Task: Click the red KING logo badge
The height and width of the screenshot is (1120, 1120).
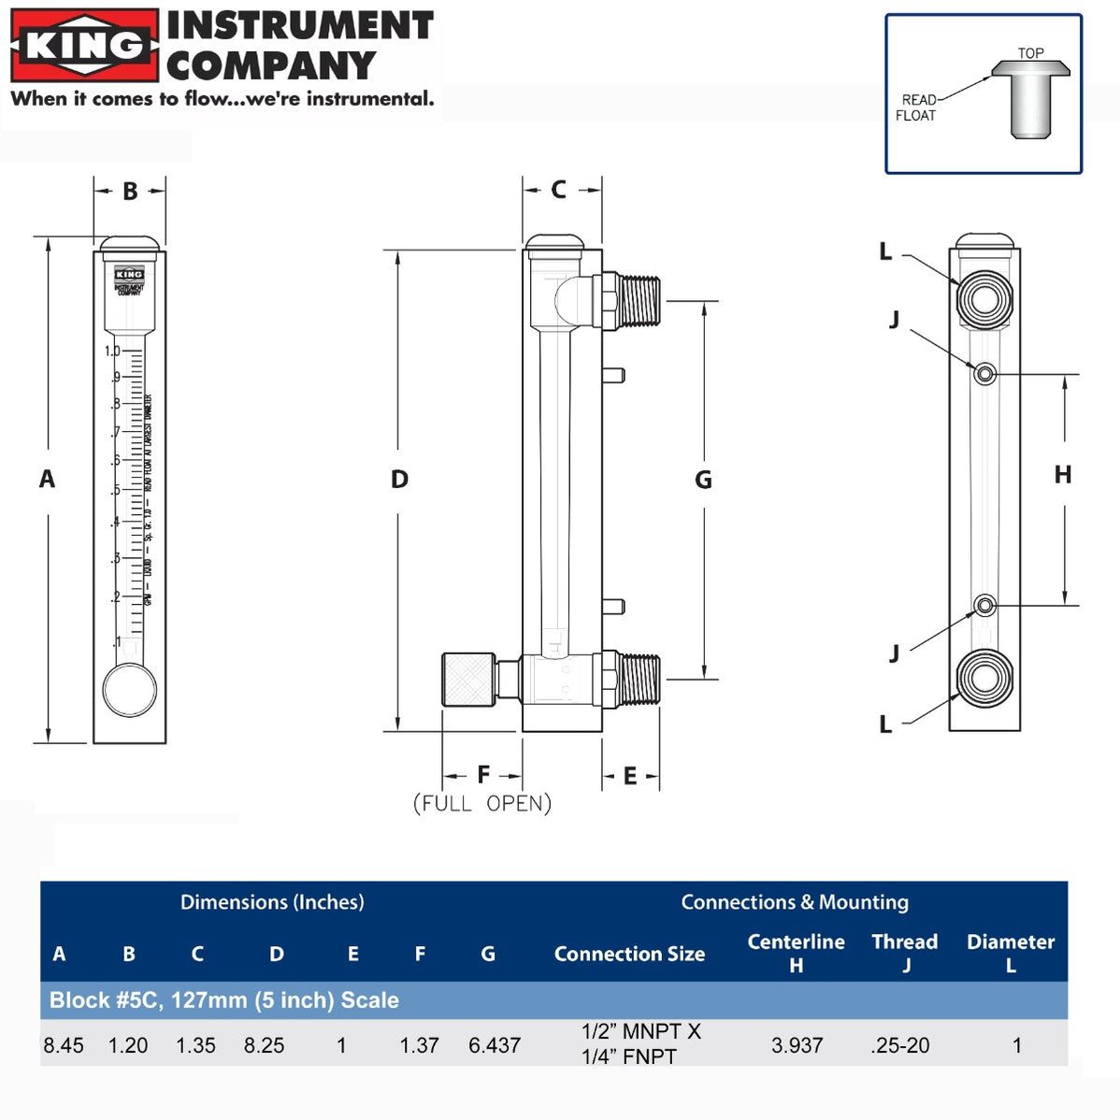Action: point(84,45)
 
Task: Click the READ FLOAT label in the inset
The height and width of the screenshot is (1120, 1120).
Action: point(917,108)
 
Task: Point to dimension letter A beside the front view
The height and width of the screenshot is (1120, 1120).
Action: point(47,480)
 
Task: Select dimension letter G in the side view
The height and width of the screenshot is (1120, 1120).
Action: point(703,481)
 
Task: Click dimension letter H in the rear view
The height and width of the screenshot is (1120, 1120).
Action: point(1063,475)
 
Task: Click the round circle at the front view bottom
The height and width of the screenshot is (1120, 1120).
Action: point(129,689)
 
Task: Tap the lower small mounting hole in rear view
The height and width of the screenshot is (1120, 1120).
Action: point(984,606)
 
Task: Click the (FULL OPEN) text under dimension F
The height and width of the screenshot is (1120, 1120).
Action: point(482,803)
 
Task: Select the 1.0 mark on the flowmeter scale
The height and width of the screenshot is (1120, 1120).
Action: point(112,352)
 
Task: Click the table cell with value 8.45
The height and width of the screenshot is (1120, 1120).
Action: point(64,1045)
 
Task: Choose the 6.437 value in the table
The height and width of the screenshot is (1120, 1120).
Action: point(495,1045)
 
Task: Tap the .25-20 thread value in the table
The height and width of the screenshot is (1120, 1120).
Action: point(900,1045)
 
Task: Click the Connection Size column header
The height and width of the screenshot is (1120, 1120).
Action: point(629,954)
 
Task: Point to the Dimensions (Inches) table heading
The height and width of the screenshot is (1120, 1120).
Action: point(272,902)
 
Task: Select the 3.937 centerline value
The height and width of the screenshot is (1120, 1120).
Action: point(797,1045)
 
